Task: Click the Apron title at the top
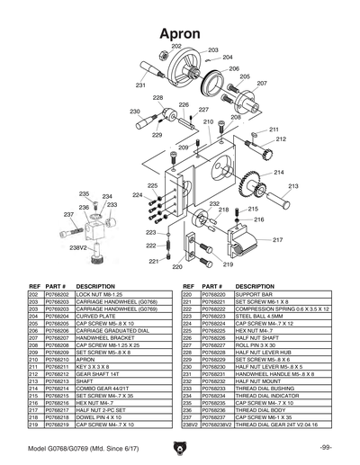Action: coord(180,33)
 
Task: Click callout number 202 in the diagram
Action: coord(176,46)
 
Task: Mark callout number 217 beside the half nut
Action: coord(278,240)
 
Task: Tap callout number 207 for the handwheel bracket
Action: coord(262,83)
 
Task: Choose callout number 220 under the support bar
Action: coord(176,266)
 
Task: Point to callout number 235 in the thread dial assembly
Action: coord(84,193)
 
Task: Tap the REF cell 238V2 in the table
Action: coord(188,425)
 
